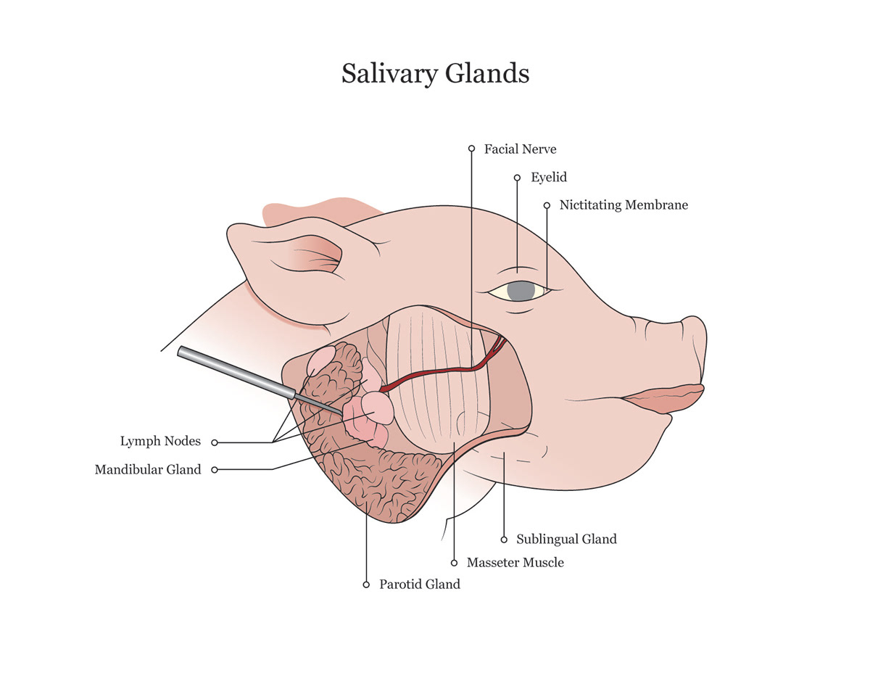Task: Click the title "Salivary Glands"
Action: click(435, 74)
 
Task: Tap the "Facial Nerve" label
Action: click(520, 149)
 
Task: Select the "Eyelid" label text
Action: click(549, 177)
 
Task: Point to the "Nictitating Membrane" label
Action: click(623, 205)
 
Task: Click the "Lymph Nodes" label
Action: click(160, 441)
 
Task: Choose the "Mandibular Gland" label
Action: click(148, 469)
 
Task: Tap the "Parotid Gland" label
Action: click(420, 584)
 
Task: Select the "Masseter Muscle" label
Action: click(515, 562)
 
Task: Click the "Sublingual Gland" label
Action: click(566, 539)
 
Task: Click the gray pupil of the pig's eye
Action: click(521, 291)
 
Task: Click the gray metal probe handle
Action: click(237, 372)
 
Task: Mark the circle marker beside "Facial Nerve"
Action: click(472, 149)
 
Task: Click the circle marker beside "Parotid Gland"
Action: click(366, 585)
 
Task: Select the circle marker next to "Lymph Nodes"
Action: click(215, 442)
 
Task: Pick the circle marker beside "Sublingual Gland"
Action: click(504, 540)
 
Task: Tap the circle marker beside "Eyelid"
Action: click(517, 178)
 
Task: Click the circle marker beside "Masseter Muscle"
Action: click(454, 563)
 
